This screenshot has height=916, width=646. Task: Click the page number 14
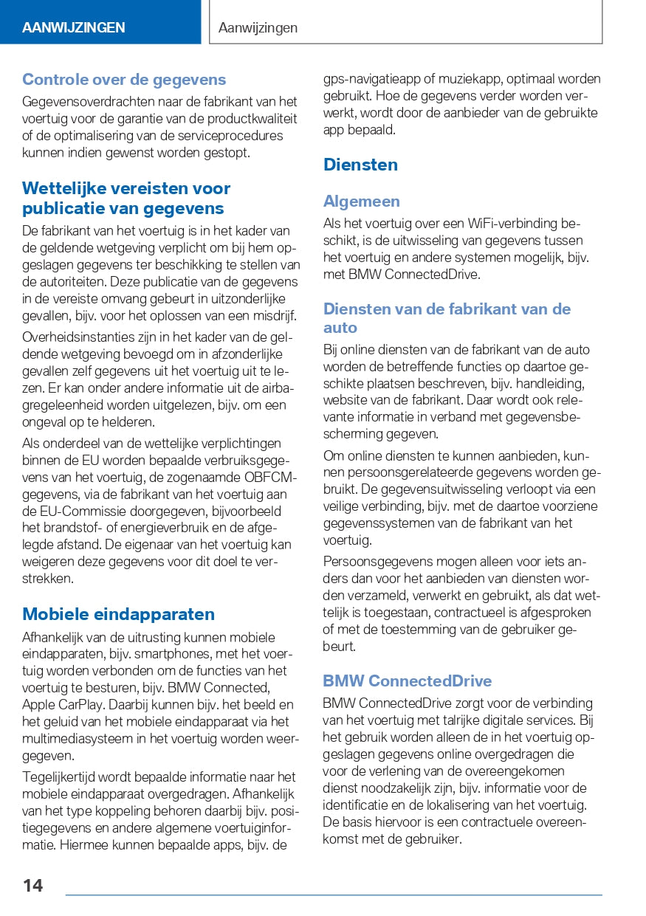coord(32,886)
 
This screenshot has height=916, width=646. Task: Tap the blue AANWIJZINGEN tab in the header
coord(74,28)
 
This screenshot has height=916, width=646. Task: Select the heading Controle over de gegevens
coord(124,80)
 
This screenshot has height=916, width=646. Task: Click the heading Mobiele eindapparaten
coord(118,614)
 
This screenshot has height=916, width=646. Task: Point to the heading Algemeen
coord(361,202)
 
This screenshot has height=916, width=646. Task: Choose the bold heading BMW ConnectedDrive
coord(407,681)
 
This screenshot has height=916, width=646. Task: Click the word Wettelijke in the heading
coord(66,188)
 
